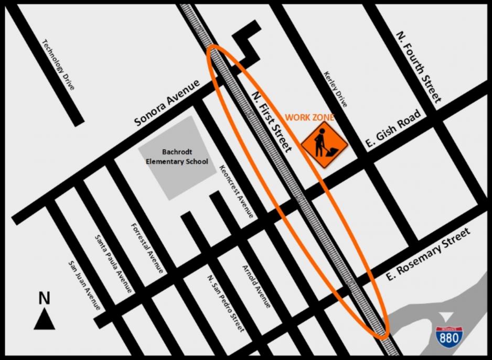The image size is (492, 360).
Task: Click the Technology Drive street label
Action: coord(58,64)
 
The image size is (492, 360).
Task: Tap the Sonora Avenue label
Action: coord(167,103)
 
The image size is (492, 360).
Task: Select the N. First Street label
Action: coord(271,121)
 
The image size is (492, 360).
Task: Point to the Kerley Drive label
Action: coord(336,89)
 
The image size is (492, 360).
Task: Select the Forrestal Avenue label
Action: coord(147,248)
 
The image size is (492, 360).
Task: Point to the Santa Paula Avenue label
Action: coord(113,263)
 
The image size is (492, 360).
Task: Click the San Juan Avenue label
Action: coord(84,286)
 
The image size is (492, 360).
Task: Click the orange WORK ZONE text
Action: coord(309,118)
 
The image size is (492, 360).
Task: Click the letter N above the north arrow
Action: coord(45,298)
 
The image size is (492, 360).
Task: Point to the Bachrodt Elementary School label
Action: coord(177,157)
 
